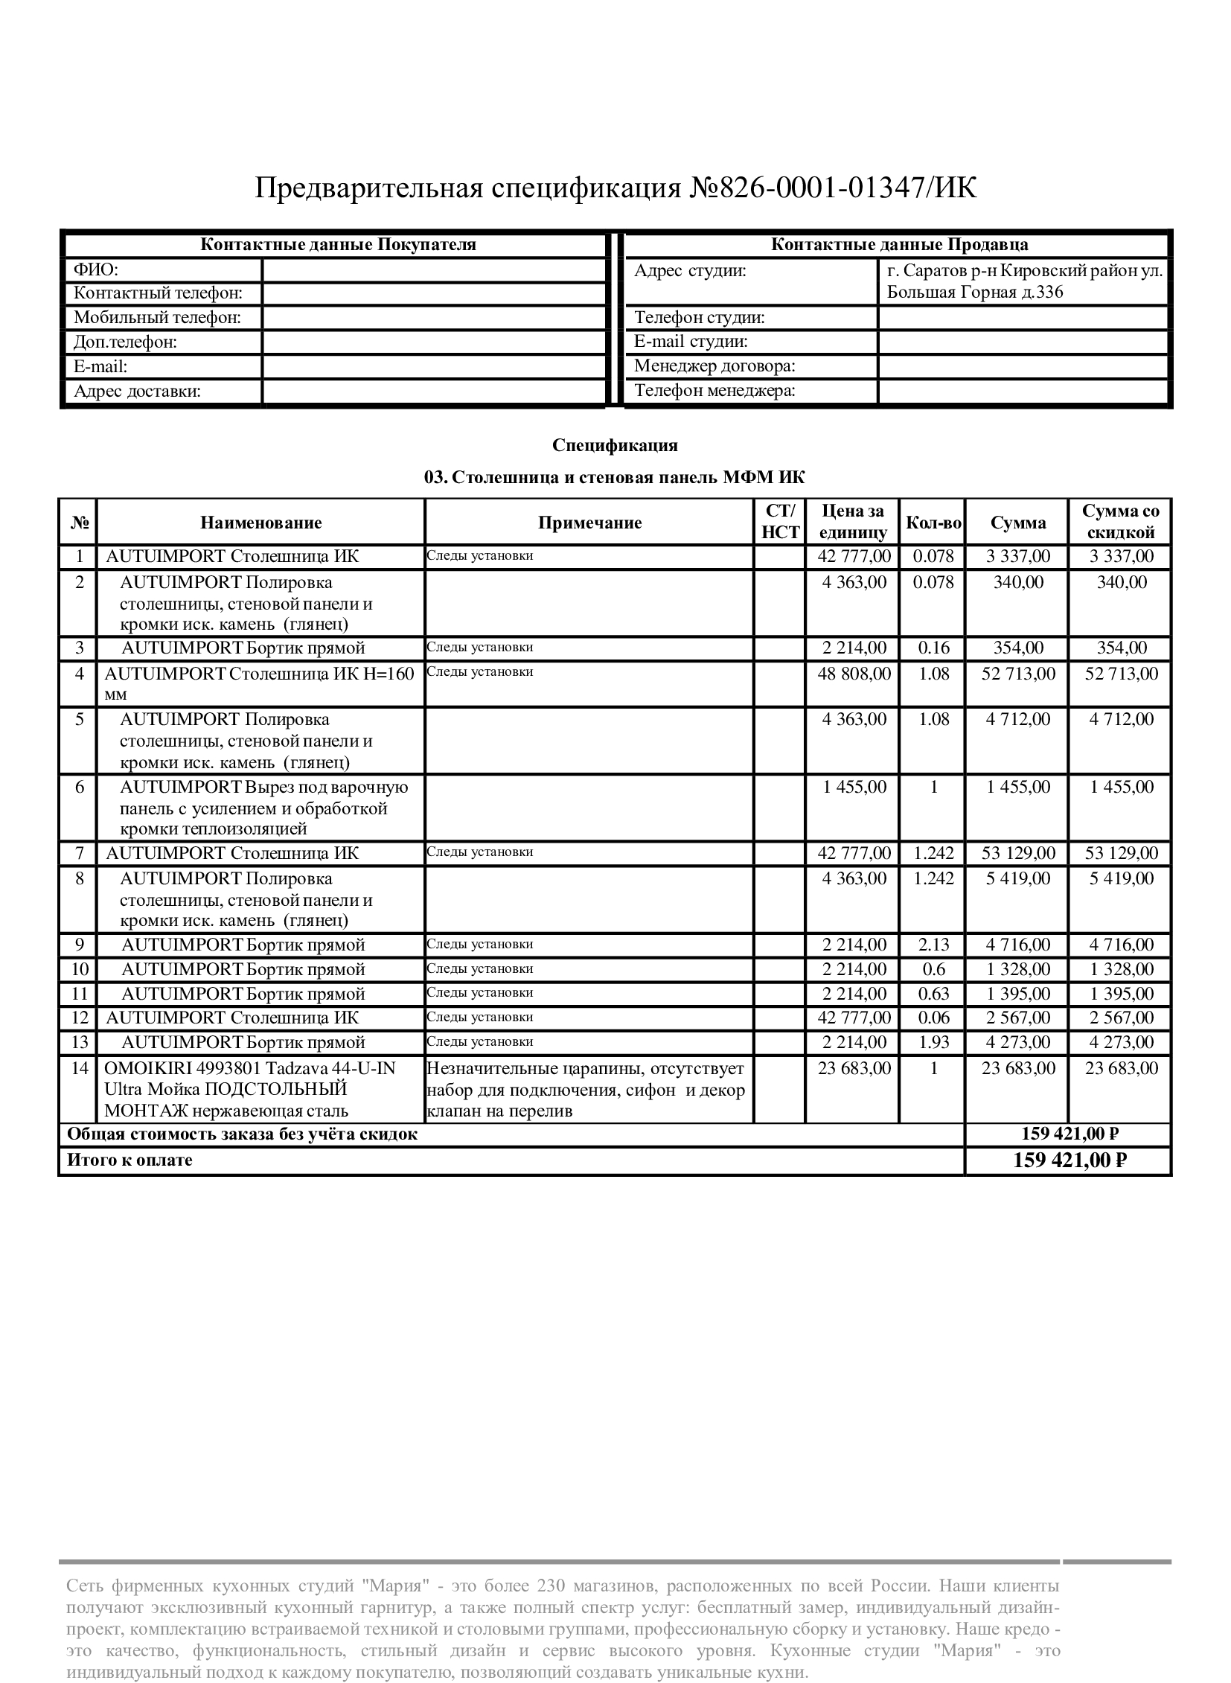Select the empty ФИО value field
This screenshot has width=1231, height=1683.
[x=434, y=269]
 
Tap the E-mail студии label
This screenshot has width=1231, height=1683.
[x=691, y=342]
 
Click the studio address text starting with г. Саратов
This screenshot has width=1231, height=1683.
[x=1024, y=281]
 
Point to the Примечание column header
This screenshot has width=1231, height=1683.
[x=589, y=523]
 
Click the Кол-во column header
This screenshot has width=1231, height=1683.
[x=933, y=523]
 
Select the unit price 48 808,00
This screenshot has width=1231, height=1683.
[x=854, y=674]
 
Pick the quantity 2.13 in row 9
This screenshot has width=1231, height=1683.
[x=933, y=945]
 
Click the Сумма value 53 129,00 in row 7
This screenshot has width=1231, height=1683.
[x=1018, y=853]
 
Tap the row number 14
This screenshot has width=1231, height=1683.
[x=80, y=1068]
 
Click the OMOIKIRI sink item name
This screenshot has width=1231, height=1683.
[x=249, y=1089]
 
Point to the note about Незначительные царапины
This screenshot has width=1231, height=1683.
[x=586, y=1089]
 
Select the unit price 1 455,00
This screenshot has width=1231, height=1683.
[x=854, y=787]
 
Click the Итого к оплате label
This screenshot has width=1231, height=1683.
[x=130, y=1160]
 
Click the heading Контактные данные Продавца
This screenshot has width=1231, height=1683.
[x=898, y=244]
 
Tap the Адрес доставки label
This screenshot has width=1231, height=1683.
[x=138, y=392]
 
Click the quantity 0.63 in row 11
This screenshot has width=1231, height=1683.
[x=933, y=994]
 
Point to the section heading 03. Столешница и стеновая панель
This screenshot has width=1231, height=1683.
[x=615, y=477]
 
